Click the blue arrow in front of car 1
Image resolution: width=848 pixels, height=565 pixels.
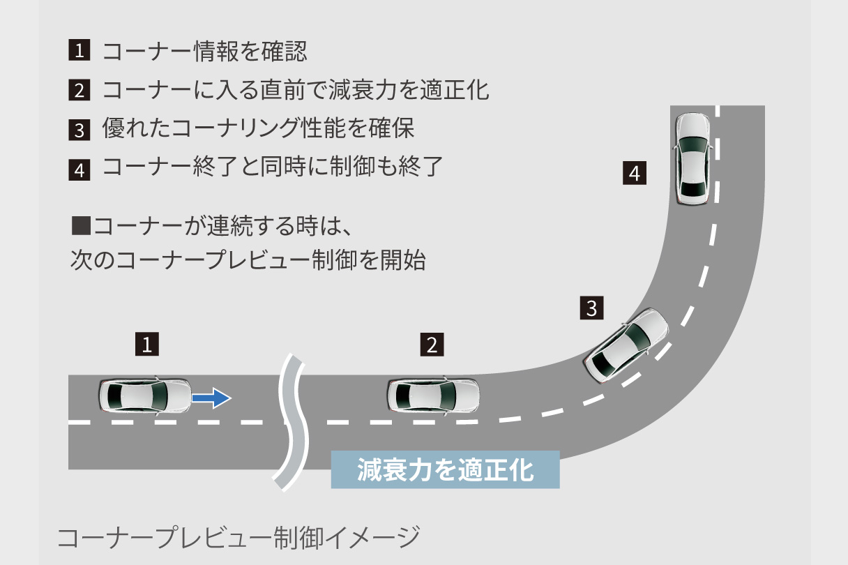pyautogui.click(x=211, y=398)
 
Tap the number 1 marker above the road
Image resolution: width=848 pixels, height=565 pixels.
pyautogui.click(x=147, y=344)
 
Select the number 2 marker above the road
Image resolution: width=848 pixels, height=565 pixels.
pyautogui.click(x=432, y=344)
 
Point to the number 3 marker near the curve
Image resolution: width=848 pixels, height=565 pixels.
pyautogui.click(x=591, y=308)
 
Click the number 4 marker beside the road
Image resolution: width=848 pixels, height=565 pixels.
pyautogui.click(x=634, y=173)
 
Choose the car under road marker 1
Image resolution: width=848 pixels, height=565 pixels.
pyautogui.click(x=145, y=396)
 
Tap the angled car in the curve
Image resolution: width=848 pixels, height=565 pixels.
pyautogui.click(x=626, y=345)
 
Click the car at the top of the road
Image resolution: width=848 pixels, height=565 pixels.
pyautogui.click(x=692, y=159)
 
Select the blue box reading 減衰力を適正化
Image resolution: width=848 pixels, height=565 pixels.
pyautogui.click(x=445, y=469)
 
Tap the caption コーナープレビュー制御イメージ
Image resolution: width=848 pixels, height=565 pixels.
pyautogui.click(x=238, y=537)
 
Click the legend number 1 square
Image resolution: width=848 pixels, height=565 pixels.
pyautogui.click(x=79, y=51)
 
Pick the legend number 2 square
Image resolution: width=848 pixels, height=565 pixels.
pyautogui.click(x=79, y=90)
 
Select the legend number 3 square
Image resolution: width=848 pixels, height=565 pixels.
pyautogui.click(x=79, y=130)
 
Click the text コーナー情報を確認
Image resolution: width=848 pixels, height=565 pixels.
pyautogui.click(x=204, y=51)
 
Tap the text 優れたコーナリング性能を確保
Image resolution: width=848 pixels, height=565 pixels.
pyautogui.click(x=258, y=129)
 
